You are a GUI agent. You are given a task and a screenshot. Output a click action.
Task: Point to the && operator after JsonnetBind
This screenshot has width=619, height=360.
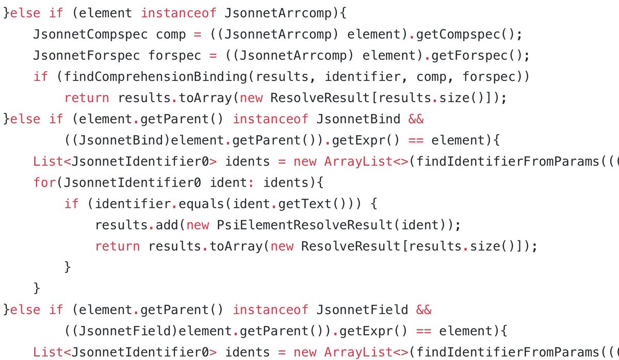point(416,119)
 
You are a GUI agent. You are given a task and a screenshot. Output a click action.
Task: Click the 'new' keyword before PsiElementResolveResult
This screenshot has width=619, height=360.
point(198,225)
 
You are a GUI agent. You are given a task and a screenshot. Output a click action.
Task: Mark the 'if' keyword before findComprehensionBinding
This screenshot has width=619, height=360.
point(41,76)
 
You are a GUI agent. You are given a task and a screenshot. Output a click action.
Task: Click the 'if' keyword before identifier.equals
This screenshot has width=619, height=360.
point(72,204)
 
